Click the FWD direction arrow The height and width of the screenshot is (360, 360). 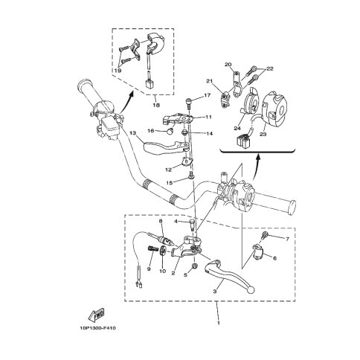coord(97,314)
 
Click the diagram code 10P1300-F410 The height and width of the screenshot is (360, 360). coord(97,328)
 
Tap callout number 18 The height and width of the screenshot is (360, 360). coord(156,105)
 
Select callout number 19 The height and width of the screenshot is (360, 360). coord(118,71)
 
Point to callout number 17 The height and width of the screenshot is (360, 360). coord(207,95)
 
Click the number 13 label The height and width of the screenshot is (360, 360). coord(133,133)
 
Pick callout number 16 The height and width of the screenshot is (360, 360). coord(151,131)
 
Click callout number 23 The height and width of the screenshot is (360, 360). coord(263,134)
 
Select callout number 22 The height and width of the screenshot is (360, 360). coord(270,68)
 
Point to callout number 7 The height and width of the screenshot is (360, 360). coord(287,239)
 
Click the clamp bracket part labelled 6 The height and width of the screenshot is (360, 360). coord(258,251)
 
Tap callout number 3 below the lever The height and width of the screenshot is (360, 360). coord(215,292)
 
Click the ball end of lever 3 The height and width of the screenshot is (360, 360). coord(251,290)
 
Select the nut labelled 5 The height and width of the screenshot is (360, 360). coord(195,266)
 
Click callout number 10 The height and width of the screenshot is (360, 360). coord(162,271)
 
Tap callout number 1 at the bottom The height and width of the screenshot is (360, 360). coord(219,324)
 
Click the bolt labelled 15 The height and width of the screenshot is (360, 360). coord(192,175)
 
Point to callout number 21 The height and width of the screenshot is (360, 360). coord(210,81)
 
